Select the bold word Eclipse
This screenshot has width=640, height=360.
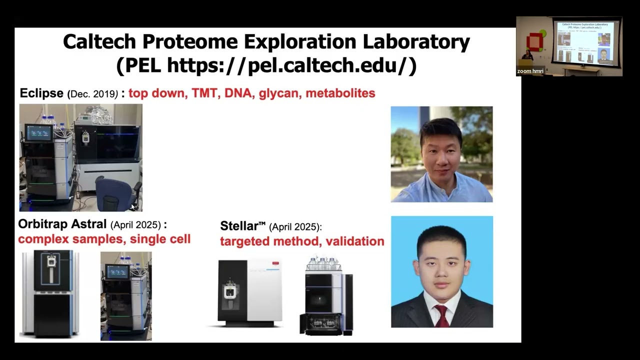click(41, 93)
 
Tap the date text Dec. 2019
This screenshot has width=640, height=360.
click(92, 93)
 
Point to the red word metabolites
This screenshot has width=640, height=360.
click(340, 93)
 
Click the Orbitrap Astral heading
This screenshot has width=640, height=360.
click(62, 224)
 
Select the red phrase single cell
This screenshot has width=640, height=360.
click(160, 239)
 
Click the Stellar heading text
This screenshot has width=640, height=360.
click(242, 226)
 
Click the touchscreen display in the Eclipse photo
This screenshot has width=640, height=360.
click(39, 132)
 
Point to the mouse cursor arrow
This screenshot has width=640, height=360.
click(133, 206)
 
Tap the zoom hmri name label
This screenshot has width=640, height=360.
click(530, 71)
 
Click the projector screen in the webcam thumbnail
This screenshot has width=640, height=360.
click(585, 43)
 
